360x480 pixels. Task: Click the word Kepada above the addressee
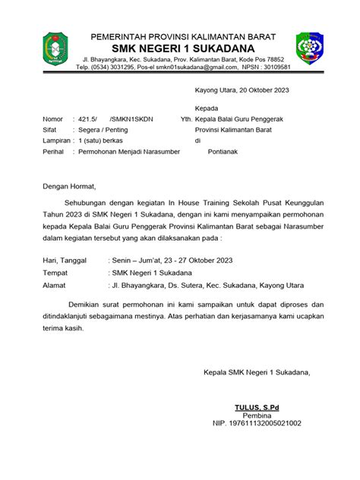pyautogui.click(x=207, y=108)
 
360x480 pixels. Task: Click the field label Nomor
pyautogui.click(x=52, y=119)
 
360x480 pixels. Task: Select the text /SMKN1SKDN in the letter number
pyautogui.click(x=131, y=119)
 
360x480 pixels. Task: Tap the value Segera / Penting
pyautogui.click(x=106, y=130)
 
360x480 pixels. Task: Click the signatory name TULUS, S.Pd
pyautogui.click(x=257, y=407)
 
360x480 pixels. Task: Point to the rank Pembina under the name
pyautogui.click(x=257, y=415)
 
